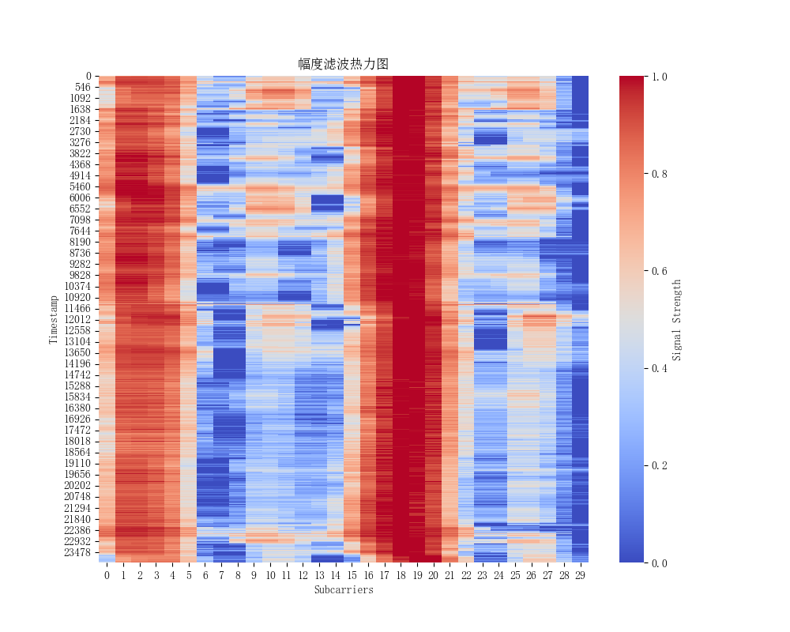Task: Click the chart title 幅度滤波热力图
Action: (x=343, y=64)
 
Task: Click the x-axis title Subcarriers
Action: (x=343, y=589)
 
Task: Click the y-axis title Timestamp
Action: (x=54, y=319)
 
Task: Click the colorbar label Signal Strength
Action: (x=676, y=319)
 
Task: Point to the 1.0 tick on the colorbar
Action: (x=657, y=76)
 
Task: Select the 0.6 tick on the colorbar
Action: (x=657, y=271)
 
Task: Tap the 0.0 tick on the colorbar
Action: (x=657, y=563)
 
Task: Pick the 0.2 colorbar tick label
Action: (x=657, y=465)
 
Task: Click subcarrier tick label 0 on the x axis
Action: (x=107, y=575)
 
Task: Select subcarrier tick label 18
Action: (x=401, y=575)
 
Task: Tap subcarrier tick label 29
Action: (x=580, y=575)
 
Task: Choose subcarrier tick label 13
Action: (x=319, y=575)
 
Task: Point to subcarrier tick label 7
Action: (x=221, y=575)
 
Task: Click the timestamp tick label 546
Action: (x=82, y=87)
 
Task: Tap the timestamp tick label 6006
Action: (x=80, y=197)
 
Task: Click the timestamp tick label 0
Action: (x=89, y=76)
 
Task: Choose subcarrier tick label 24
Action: (x=498, y=575)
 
